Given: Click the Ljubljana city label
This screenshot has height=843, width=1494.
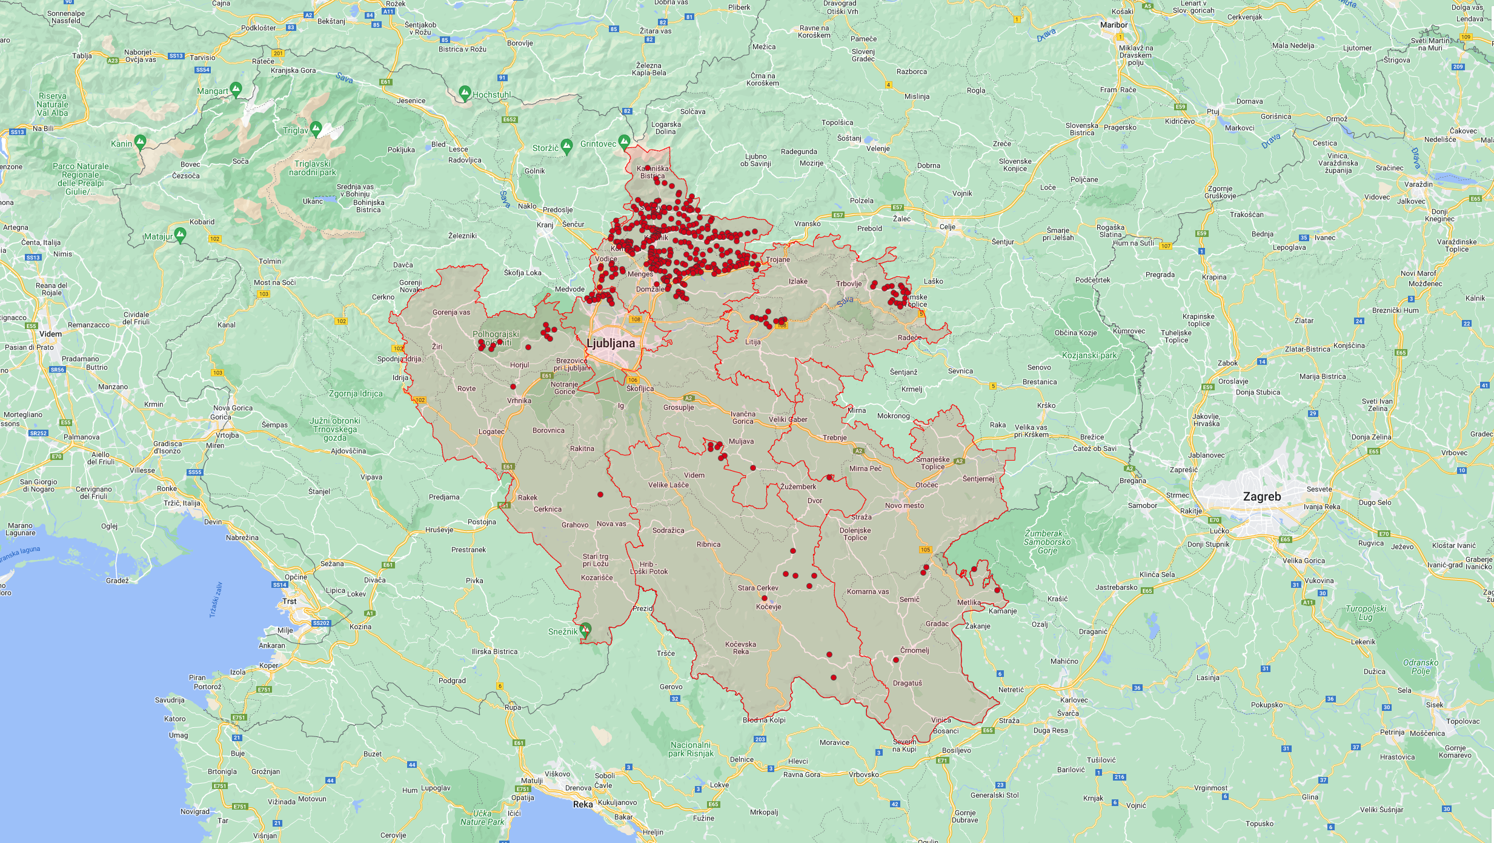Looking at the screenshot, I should (611, 343).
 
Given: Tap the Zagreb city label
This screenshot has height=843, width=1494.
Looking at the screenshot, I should (1262, 496).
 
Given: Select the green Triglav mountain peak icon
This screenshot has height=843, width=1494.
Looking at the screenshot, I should (316, 128).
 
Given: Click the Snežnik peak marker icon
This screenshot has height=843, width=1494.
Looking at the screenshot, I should (585, 630).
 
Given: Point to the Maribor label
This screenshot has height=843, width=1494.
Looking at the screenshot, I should (1114, 25).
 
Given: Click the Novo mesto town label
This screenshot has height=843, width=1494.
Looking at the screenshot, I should (905, 505).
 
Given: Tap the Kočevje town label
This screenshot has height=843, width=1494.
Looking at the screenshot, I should (768, 607).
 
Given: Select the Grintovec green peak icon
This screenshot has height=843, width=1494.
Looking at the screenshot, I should (624, 142).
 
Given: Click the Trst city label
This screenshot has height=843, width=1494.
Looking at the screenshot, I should (290, 601).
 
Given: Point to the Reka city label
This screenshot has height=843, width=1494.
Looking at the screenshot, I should (583, 804).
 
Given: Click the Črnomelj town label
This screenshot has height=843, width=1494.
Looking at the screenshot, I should (914, 650).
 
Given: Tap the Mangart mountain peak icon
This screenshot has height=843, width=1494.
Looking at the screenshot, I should (236, 89).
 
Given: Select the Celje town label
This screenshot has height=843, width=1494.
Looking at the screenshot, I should (947, 227).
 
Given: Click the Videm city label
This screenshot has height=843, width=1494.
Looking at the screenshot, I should (50, 334).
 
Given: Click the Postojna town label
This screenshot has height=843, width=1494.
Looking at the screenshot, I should (482, 522).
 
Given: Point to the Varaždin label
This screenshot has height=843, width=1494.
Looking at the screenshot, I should (1418, 184).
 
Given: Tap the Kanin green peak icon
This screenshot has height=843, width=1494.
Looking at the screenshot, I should (140, 142).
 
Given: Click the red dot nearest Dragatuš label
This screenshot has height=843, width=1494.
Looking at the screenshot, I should (896, 660).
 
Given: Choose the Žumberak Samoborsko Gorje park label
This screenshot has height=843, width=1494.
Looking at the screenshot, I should (1047, 542).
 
